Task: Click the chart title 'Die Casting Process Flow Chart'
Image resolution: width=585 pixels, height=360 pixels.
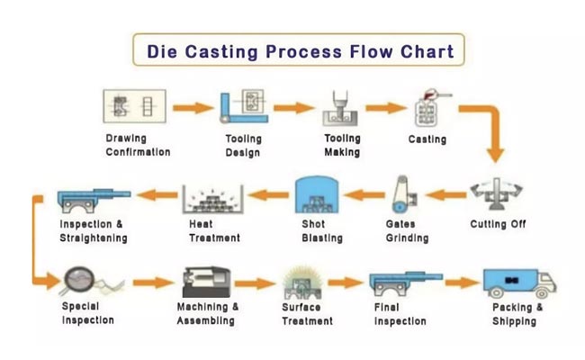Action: click(x=301, y=51)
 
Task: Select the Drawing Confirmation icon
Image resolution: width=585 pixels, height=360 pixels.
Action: click(x=135, y=106)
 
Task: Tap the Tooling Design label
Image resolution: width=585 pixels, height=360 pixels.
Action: click(x=243, y=146)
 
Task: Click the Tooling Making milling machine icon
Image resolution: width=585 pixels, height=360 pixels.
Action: click(x=340, y=108)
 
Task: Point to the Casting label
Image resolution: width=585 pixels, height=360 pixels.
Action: click(x=427, y=139)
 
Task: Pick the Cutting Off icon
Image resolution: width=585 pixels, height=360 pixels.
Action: click(x=497, y=193)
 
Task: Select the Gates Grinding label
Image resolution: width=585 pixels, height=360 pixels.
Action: click(x=407, y=231)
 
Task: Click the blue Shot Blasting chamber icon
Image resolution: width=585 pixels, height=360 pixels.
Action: click(x=317, y=194)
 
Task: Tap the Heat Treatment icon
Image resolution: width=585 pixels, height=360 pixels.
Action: click(x=213, y=199)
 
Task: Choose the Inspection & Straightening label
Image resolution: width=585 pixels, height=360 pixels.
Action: click(x=94, y=231)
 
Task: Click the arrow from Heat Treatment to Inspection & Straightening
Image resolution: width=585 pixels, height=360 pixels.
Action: click(x=157, y=194)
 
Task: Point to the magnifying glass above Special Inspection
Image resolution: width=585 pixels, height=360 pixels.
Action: click(x=78, y=281)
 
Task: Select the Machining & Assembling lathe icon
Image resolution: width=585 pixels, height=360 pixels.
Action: click(x=206, y=282)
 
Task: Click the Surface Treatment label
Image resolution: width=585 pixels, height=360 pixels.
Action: click(x=307, y=314)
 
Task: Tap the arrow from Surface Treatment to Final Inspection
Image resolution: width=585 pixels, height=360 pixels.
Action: click(x=345, y=283)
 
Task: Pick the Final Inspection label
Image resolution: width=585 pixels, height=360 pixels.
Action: click(x=400, y=314)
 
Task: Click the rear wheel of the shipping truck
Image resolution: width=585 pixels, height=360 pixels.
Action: click(x=496, y=292)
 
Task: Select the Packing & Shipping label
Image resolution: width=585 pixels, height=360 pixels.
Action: click(x=517, y=314)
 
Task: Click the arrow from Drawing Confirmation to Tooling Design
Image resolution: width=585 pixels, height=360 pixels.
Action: click(x=193, y=108)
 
